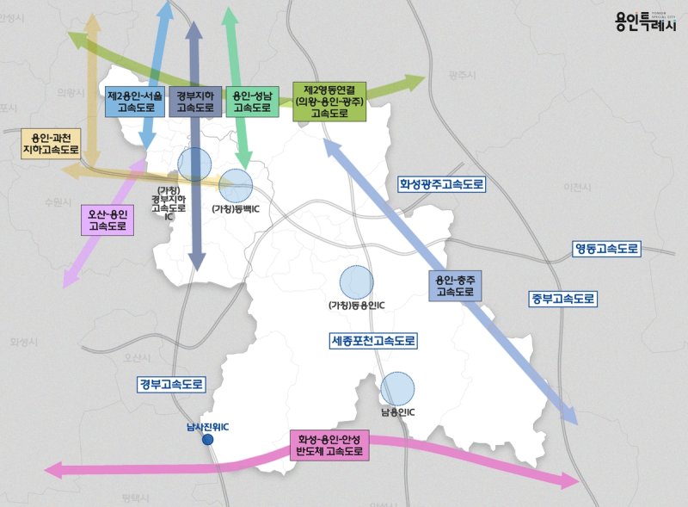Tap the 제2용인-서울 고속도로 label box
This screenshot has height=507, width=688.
click(x=133, y=102)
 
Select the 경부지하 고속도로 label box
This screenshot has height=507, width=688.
click(x=194, y=102)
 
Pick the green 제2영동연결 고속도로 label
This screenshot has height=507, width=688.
click(x=329, y=101)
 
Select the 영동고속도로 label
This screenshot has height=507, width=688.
click(x=607, y=249)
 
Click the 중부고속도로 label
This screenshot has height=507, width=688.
click(x=562, y=299)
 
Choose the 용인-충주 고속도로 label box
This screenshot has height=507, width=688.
click(x=454, y=286)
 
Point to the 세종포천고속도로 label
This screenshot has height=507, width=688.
click(x=373, y=341)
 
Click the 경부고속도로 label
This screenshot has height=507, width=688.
click(x=171, y=385)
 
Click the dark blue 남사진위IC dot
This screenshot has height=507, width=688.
click(x=207, y=440)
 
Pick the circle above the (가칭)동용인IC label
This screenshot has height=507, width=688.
click(x=357, y=283)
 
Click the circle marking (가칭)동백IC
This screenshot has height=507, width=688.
click(x=235, y=185)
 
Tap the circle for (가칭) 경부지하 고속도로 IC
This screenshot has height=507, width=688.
click(x=194, y=163)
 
